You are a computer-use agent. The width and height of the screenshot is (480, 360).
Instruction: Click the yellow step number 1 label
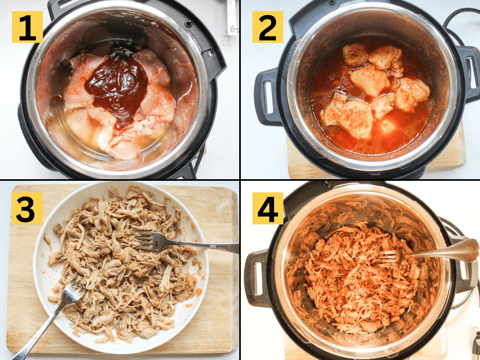point(27,27)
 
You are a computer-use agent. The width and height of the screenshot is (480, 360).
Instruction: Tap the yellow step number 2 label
point(267,27)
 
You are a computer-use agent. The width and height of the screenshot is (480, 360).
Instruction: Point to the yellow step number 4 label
point(267,208)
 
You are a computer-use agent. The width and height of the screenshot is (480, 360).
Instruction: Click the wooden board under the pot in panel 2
point(452,156)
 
